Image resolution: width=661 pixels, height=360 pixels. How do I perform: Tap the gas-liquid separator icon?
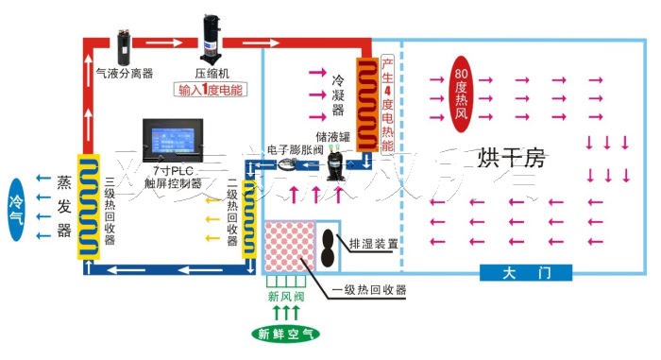[124, 44]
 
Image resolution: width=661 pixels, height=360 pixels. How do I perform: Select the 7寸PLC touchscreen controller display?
[171, 141]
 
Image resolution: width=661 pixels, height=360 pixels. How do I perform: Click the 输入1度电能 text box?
[210, 91]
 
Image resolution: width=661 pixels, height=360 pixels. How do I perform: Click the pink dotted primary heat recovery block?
[294, 248]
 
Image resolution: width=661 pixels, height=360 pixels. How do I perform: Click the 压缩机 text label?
[212, 72]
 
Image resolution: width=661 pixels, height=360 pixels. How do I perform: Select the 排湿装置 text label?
[373, 243]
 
